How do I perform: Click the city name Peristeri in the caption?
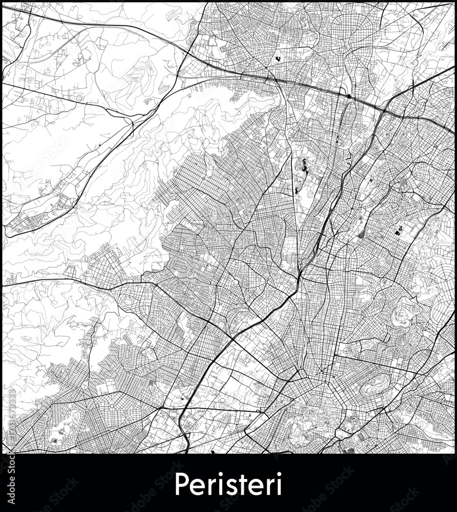coord(228,483)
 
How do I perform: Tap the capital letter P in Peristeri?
coord(181,483)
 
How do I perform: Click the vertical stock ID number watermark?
coord(11,420)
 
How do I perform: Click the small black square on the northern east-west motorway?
coord(349,96)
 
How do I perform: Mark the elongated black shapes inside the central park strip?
coord(303,166)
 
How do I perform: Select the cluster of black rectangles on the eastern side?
coord(400,231)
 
